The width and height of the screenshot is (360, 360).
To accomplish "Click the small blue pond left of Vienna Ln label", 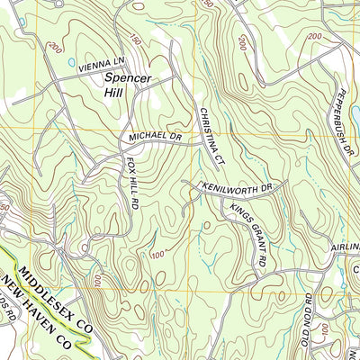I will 70,63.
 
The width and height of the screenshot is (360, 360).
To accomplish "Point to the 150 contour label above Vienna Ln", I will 135,40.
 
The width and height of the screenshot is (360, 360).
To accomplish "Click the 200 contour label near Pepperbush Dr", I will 314,36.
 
